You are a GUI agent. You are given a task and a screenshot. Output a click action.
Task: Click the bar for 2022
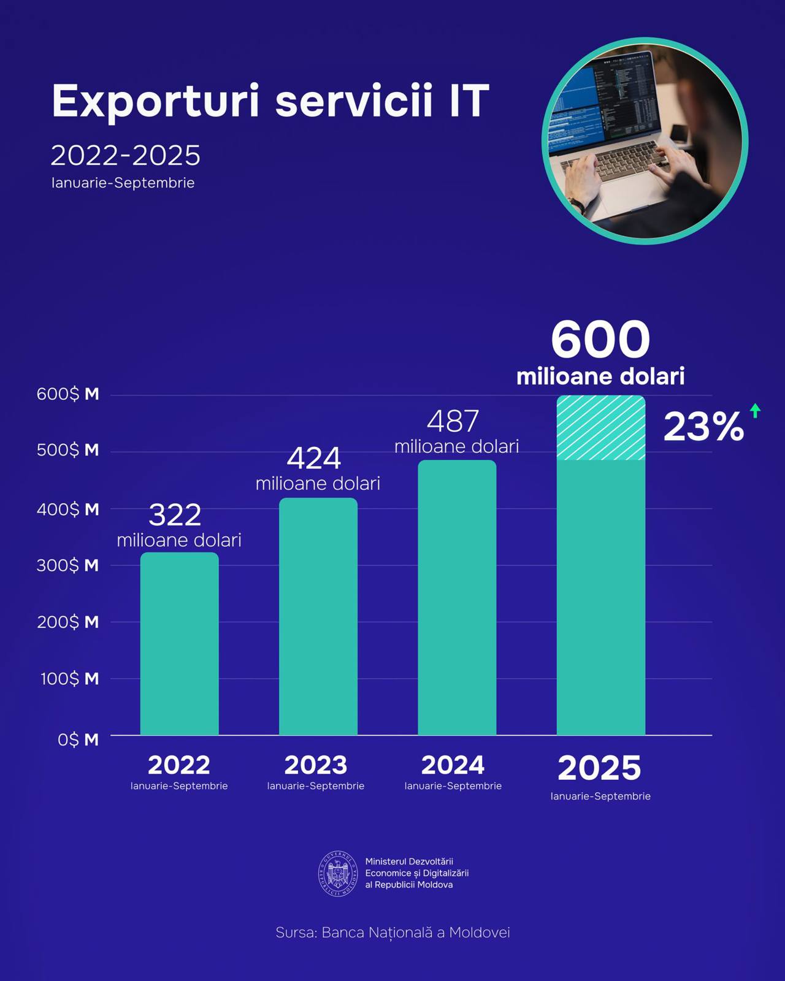179,644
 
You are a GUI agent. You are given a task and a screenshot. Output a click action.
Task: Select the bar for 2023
318,616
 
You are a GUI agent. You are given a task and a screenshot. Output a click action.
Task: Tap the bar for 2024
457,598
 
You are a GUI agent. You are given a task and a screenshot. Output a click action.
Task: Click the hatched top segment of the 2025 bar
600,428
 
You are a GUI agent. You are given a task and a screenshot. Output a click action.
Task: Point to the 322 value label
175,515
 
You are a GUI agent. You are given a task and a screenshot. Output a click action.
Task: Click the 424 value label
314,459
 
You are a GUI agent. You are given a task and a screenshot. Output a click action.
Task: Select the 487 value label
453,422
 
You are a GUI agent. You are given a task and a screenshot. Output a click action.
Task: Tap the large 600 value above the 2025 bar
600,340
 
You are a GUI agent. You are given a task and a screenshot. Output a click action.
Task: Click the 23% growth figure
703,427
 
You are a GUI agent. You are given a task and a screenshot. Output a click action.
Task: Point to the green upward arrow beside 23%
755,411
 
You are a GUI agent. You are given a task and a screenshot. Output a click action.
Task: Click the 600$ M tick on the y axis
67,394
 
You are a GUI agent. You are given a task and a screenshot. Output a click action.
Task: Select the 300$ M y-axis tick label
67,565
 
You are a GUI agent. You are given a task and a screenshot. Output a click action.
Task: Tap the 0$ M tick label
78,740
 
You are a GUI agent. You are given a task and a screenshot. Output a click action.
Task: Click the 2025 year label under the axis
599,768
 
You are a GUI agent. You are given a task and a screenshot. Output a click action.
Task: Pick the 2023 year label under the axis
315,765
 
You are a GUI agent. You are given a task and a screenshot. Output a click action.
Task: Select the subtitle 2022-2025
125,156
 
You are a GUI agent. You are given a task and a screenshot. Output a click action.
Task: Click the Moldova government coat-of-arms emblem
338,874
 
